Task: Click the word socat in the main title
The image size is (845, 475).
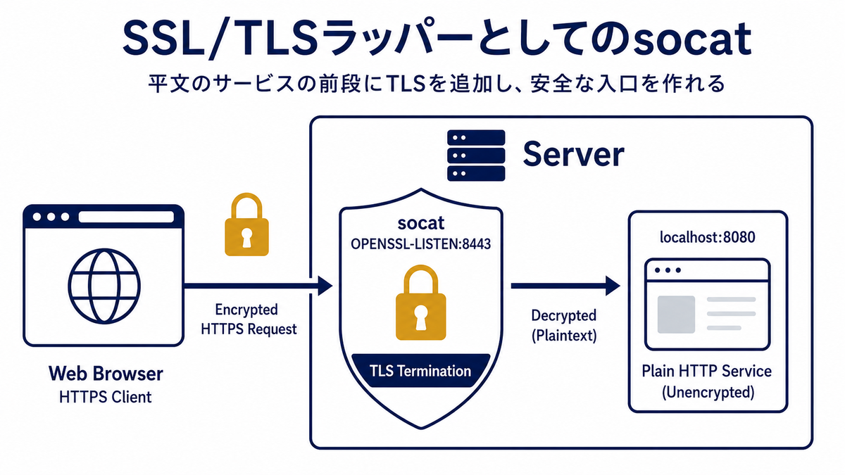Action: click(693, 39)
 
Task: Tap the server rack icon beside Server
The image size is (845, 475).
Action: click(476, 156)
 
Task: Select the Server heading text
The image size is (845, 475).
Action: click(573, 154)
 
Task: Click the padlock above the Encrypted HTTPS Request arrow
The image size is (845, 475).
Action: click(246, 224)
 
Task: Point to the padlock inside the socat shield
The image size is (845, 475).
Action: click(420, 303)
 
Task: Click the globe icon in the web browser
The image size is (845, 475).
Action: click(104, 286)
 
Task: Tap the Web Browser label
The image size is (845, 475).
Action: click(106, 374)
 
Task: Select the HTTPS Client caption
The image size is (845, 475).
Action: click(105, 398)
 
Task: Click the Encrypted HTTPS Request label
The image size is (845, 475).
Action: click(248, 319)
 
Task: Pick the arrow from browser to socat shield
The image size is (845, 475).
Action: click(258, 286)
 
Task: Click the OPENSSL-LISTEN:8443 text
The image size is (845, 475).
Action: click(420, 244)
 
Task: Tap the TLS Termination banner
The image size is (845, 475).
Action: click(420, 371)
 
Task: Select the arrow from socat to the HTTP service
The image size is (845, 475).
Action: click(565, 286)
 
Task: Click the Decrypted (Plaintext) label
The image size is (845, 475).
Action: click(564, 325)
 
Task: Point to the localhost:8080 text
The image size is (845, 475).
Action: click(707, 237)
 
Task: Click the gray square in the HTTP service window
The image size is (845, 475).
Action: click(676, 315)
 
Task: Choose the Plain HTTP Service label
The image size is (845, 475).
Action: click(706, 372)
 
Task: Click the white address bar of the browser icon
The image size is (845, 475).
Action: click(126, 217)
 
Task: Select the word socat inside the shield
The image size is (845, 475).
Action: click(420, 223)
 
